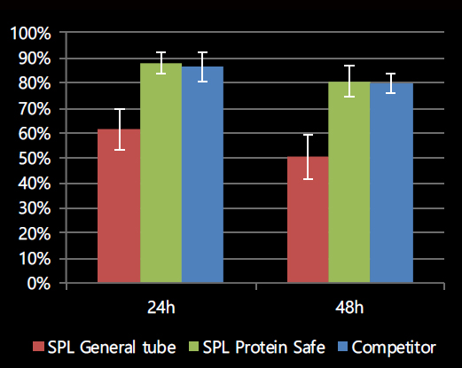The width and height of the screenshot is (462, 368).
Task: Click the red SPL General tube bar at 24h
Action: pyautogui.click(x=119, y=206)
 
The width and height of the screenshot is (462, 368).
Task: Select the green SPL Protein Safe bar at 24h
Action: pyautogui.click(x=161, y=173)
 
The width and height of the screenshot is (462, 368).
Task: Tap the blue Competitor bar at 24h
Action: pyautogui.click(x=202, y=175)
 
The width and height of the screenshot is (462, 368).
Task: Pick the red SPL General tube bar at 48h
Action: pyautogui.click(x=308, y=220)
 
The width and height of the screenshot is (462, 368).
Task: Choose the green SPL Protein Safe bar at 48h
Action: pyautogui.click(x=349, y=183)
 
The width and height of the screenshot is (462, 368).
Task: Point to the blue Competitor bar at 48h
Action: pyautogui.click(x=391, y=183)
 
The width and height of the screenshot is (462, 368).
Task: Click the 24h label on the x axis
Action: pyautogui.click(x=161, y=308)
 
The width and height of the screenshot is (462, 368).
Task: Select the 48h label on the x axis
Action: pyautogui.click(x=349, y=308)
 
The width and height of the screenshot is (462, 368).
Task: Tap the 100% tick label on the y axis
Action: pyautogui.click(x=30, y=34)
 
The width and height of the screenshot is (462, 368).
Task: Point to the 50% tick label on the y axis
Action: pyautogui.click(x=35, y=159)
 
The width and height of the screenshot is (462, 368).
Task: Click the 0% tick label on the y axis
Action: pyautogui.click(x=39, y=284)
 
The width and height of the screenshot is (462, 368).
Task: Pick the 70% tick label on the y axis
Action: pyautogui.click(x=35, y=109)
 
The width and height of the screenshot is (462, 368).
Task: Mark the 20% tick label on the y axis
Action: pyautogui.click(x=35, y=234)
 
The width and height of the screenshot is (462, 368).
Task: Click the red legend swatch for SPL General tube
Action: pyautogui.click(x=38, y=347)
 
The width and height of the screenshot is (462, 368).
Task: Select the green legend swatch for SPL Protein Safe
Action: pyautogui.click(x=193, y=347)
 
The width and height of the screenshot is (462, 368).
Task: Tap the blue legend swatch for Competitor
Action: pyautogui.click(x=343, y=347)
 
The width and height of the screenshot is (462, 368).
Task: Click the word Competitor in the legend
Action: pyautogui.click(x=394, y=348)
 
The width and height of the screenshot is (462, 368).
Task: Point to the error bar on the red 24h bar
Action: pyautogui.click(x=120, y=129)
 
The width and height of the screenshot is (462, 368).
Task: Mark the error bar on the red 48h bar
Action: pyautogui.click(x=308, y=157)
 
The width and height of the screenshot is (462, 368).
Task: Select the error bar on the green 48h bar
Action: pyautogui.click(x=349, y=81)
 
